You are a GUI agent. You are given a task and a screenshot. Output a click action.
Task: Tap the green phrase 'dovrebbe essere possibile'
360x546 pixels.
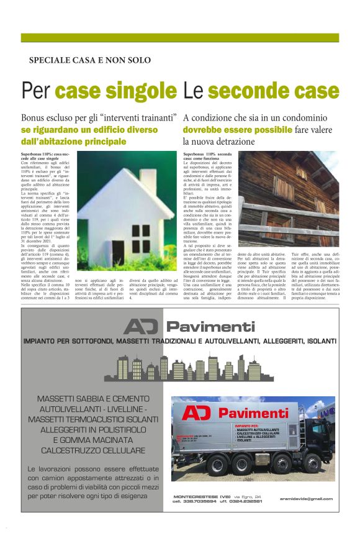coord(237,130)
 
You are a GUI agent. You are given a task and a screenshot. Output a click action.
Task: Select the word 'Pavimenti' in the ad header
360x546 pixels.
coord(210,327)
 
